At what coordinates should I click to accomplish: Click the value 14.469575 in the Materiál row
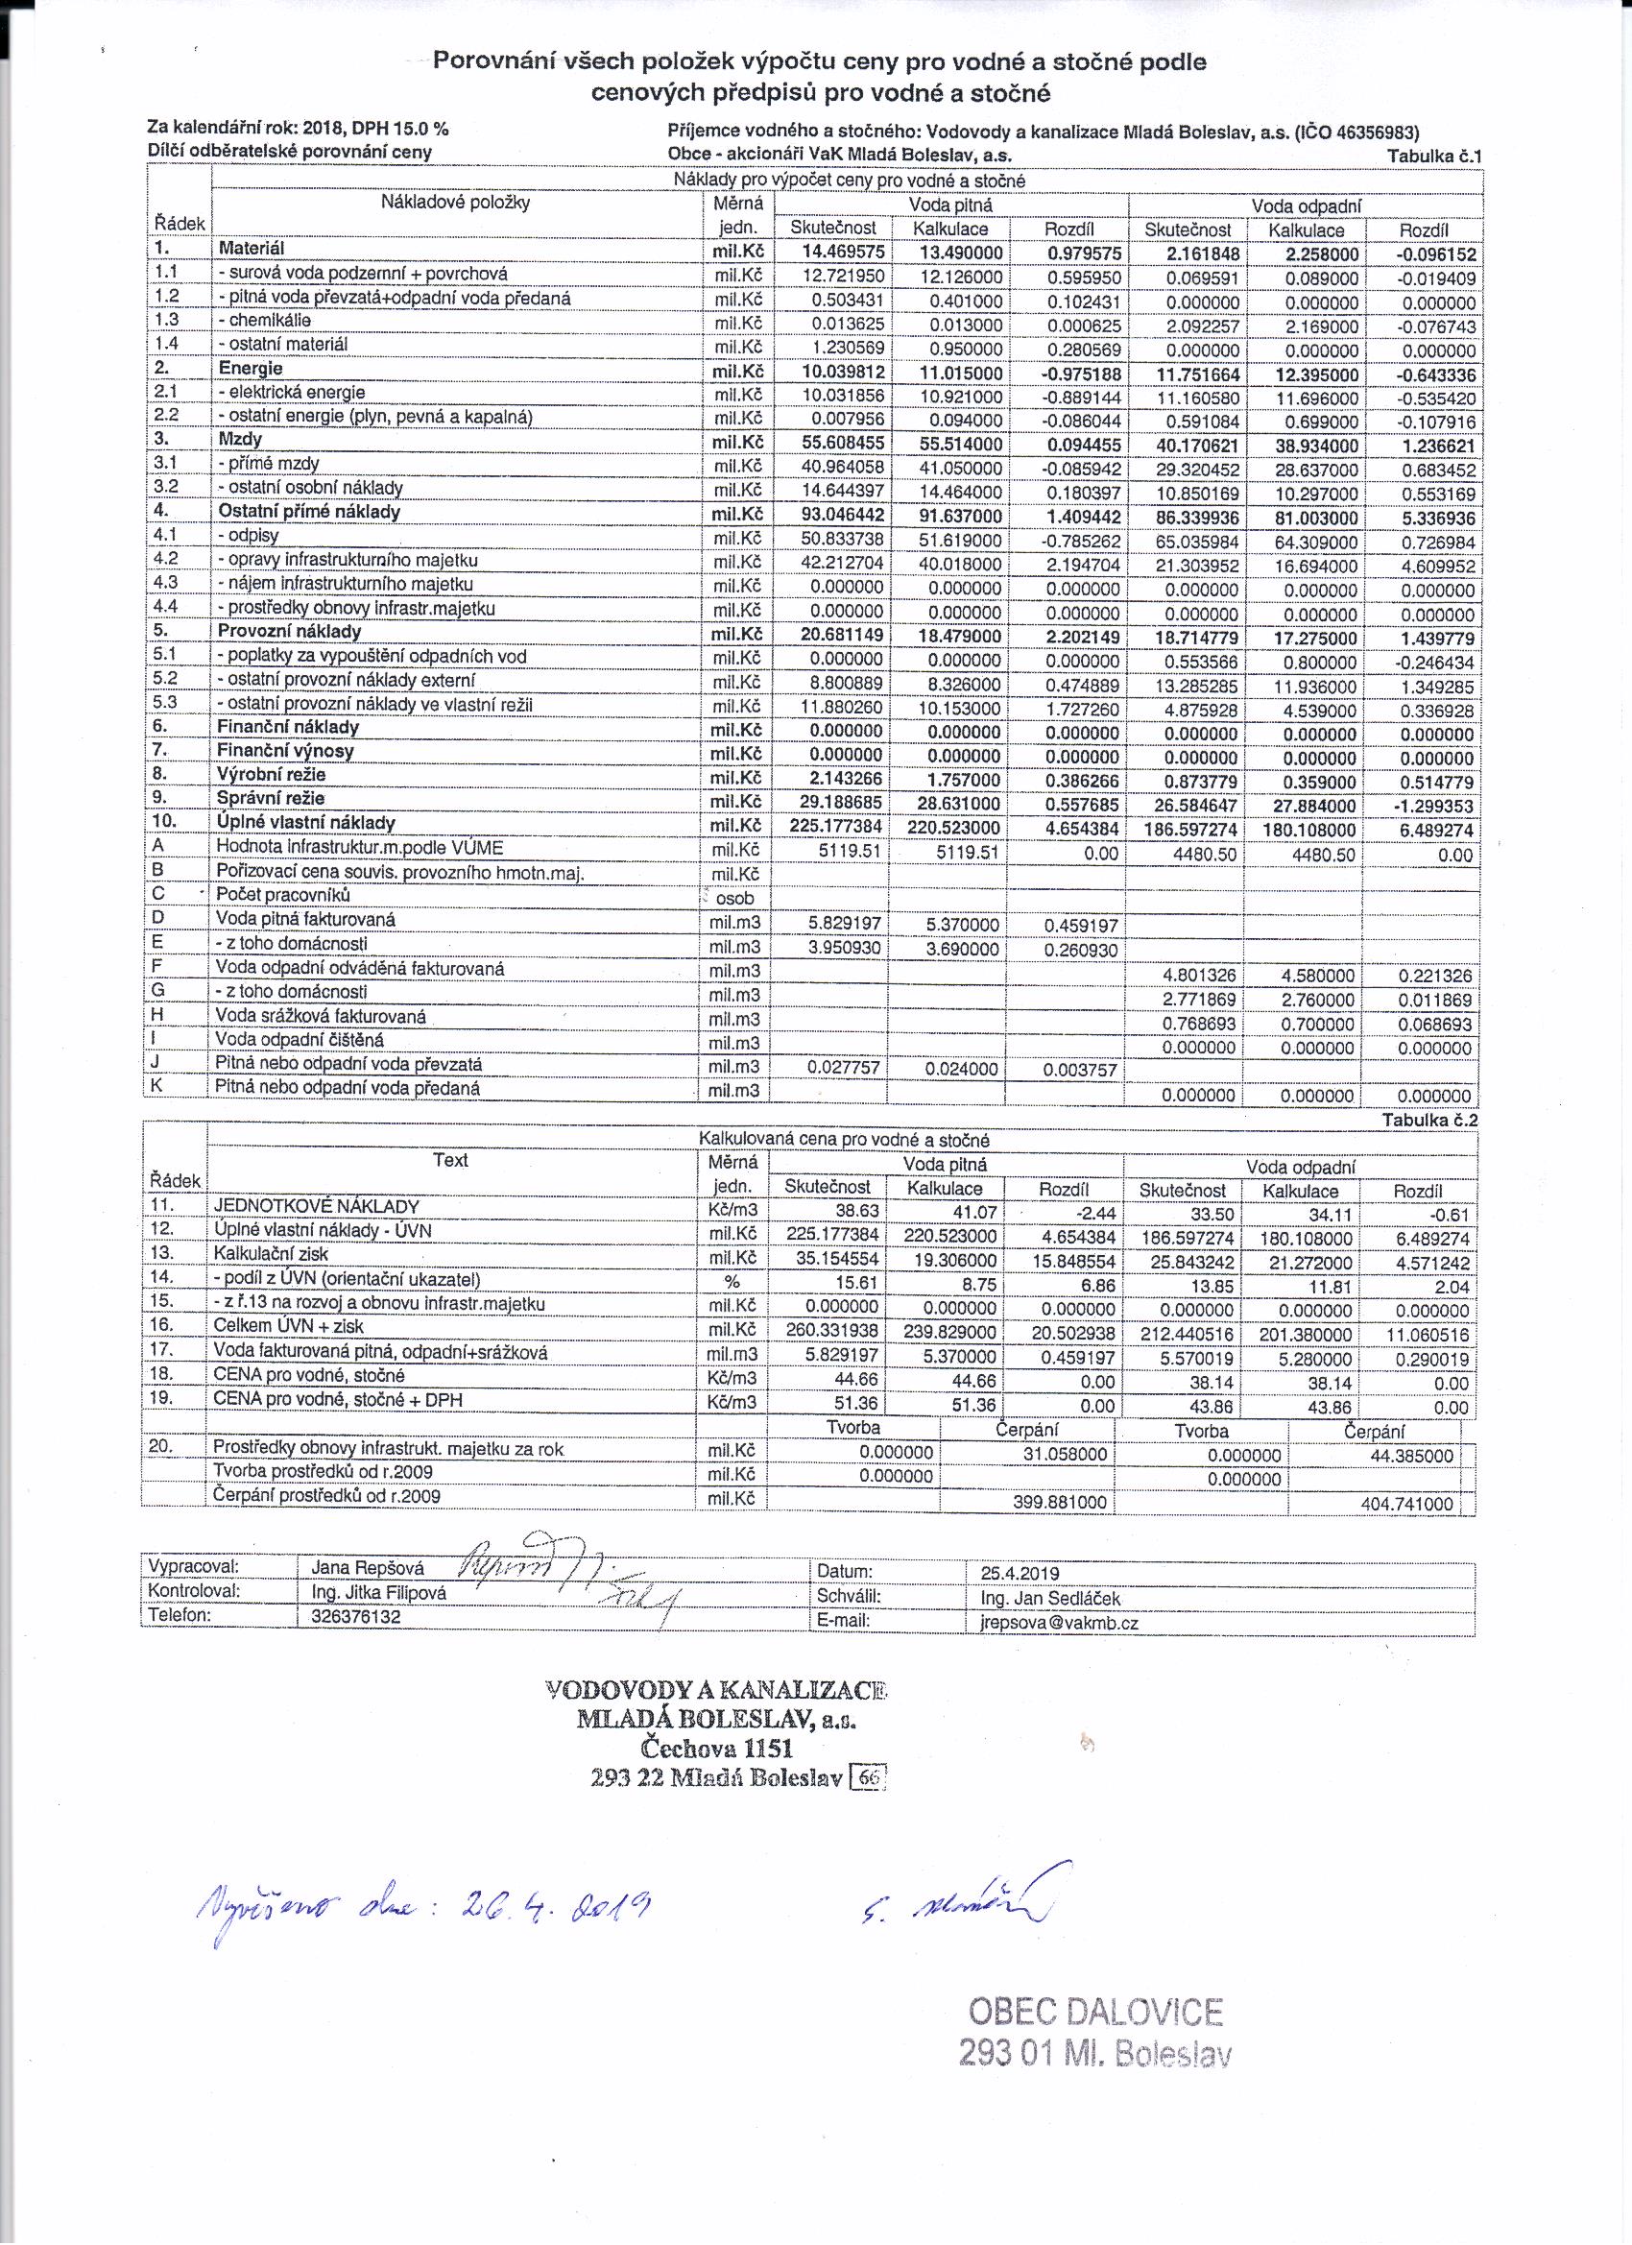point(843,252)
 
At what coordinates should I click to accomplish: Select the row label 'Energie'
point(251,368)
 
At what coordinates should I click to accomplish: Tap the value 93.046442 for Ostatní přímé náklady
point(843,515)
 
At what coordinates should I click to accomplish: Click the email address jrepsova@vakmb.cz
point(1058,1624)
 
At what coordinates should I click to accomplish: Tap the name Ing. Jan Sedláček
point(1044,1598)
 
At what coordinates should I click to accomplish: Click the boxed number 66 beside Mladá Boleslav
point(869,1776)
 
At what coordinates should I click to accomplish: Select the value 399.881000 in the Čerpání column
point(1059,1503)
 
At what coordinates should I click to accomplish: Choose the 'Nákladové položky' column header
point(455,203)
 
